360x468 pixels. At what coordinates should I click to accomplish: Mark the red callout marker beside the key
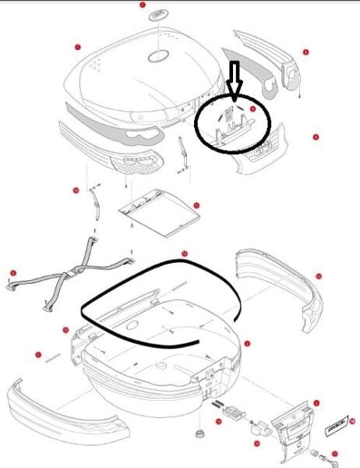coord(334,452)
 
